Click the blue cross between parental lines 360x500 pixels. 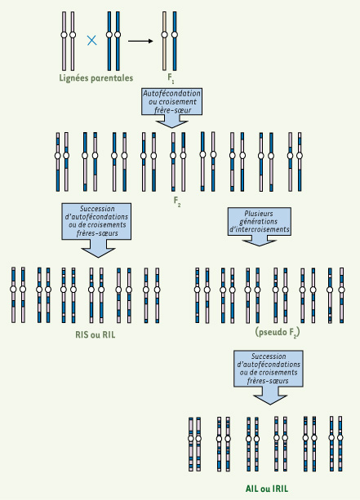pos(92,41)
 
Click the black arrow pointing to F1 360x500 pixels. pos(140,41)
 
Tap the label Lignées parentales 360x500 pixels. pos(96,78)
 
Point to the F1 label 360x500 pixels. pos(171,78)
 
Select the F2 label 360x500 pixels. pos(177,201)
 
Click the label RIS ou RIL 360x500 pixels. pos(96,334)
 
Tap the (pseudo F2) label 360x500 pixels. pos(278,333)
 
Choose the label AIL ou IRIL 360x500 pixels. pos(267,489)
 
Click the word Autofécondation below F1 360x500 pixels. pos(171,94)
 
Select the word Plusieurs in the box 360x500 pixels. pos(259,214)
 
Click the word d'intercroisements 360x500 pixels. pos(259,229)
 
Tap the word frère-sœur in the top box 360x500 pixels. pos(173,110)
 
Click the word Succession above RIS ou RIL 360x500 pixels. pos(97,209)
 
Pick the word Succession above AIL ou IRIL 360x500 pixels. pos(269,356)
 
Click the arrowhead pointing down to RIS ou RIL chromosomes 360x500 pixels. pos(98,253)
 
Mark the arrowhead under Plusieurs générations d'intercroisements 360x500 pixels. pos(259,243)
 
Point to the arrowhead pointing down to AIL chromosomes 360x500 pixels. pos(270,400)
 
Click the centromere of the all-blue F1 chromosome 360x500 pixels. pos(174,35)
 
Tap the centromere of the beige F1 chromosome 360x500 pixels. pos(164,35)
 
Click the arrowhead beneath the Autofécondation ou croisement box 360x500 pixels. pos(171,124)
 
